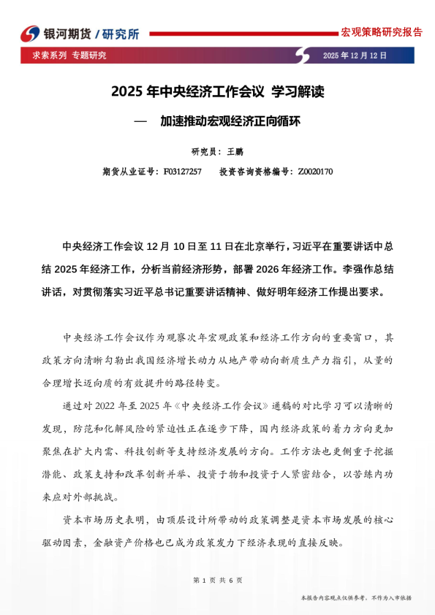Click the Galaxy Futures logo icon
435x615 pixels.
[x=30, y=34]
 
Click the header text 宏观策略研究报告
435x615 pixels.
[x=382, y=32]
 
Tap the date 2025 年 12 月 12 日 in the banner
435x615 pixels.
[x=355, y=56]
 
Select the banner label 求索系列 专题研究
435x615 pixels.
[x=69, y=56]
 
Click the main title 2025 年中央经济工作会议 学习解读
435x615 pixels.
[x=217, y=93]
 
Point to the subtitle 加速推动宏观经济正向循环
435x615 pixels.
[x=230, y=121]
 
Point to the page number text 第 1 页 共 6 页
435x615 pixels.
[x=217, y=580]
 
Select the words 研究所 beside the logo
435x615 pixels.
[x=121, y=34]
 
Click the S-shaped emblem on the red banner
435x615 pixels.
[x=302, y=56]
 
